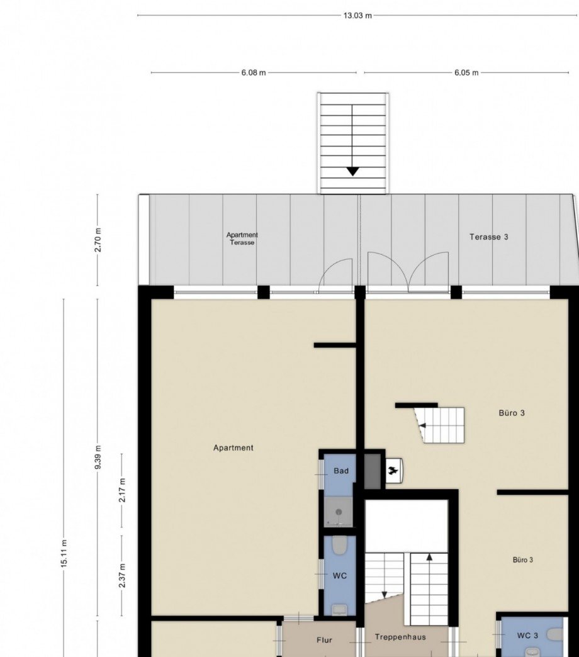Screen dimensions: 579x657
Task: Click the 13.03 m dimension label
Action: point(357,16)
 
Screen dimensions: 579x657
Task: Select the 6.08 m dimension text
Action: point(254,73)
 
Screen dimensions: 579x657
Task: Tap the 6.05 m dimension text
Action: point(466,73)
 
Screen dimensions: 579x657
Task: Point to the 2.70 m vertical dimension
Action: point(98,240)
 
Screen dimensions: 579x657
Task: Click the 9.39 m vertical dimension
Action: point(98,457)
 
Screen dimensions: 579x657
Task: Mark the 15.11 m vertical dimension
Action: point(64,554)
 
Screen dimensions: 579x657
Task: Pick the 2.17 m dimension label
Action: point(122,490)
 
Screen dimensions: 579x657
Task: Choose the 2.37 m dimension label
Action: point(122,575)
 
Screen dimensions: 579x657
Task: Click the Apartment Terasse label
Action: point(242,239)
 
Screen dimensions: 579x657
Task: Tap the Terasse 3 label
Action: point(488,237)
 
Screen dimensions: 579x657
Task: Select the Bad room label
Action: point(341,471)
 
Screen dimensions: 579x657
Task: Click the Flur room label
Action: point(324,640)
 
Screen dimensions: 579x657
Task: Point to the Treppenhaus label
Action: point(400,637)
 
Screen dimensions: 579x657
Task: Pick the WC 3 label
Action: point(527,636)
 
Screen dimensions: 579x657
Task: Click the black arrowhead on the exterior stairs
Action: point(353,171)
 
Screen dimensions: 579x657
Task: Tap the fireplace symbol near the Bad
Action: point(394,471)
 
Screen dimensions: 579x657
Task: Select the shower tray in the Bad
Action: point(339,512)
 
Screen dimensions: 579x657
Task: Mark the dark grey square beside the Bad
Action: point(372,471)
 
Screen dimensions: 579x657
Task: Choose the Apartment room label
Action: point(233,448)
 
